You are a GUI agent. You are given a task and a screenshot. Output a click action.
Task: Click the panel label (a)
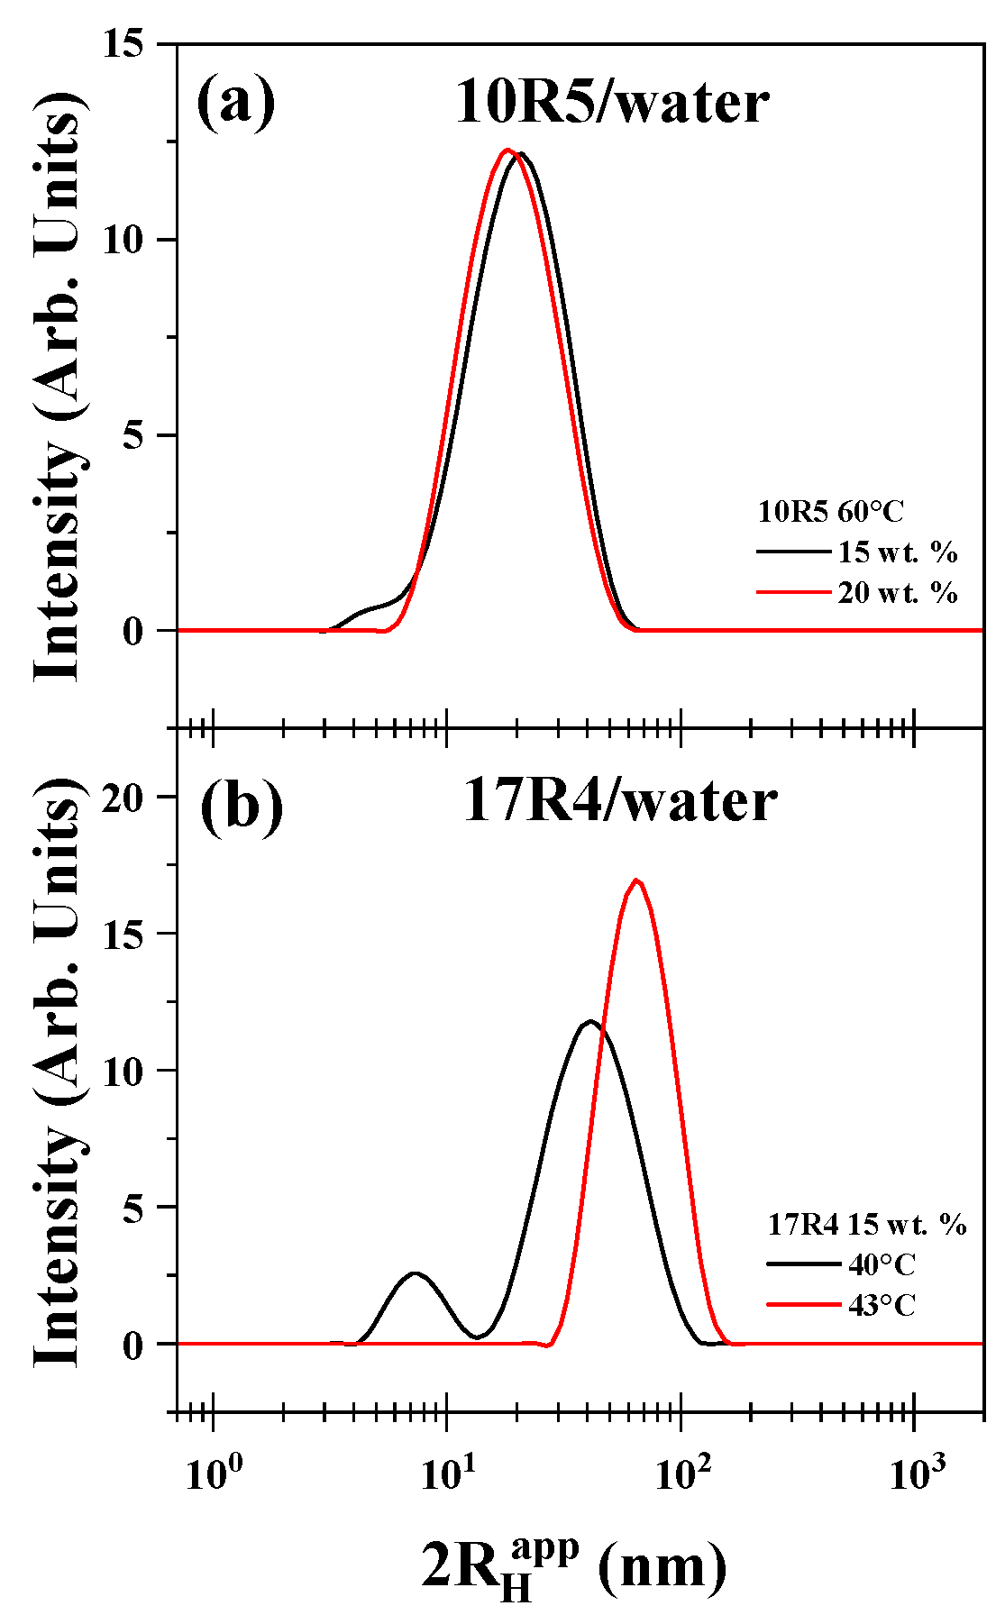coord(236,103)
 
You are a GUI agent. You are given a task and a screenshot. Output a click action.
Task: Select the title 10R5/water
coord(612,103)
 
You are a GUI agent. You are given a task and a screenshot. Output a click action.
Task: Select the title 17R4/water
coord(619,801)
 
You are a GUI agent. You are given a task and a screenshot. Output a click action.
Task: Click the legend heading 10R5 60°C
coord(830,512)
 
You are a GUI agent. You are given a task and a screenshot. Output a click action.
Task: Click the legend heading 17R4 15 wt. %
coord(867,1224)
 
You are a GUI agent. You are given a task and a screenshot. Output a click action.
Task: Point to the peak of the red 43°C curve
coord(636,880)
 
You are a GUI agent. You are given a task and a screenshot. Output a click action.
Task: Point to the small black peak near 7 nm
coord(415,1273)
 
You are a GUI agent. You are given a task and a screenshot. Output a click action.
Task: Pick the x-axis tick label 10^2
coord(682,1474)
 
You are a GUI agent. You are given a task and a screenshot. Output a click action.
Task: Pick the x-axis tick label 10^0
coord(215,1474)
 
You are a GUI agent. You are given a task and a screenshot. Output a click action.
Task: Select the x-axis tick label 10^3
coord(916,1474)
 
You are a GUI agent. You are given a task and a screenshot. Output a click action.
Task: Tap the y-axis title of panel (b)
coord(59,1081)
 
